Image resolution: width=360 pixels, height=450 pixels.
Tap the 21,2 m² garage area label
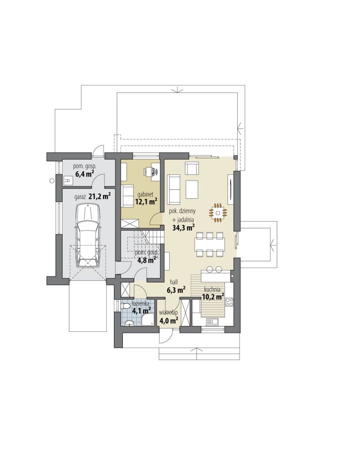[x=100, y=196]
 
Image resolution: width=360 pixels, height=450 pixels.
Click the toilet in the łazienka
[x=125, y=307]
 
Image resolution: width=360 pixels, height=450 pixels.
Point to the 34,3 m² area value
[x=184, y=228]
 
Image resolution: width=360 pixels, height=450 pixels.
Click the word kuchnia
[x=212, y=289]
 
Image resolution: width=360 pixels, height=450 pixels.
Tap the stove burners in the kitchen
[x=229, y=302]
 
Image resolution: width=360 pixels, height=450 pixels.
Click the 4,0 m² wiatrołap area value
[x=169, y=320]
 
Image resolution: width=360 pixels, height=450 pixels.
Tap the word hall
[x=174, y=282]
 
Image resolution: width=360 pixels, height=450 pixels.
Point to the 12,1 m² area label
[x=146, y=201]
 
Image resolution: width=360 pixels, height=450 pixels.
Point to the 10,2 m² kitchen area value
[x=213, y=296]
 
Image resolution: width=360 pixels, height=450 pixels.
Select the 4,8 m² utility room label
[x=146, y=260]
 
